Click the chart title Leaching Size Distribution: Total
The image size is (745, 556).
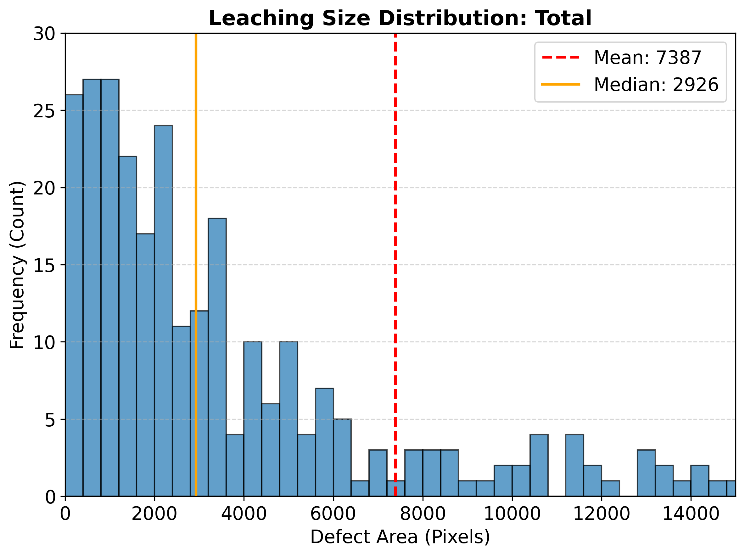pyautogui.click(x=400, y=18)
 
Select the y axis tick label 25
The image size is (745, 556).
pyautogui.click(x=44, y=111)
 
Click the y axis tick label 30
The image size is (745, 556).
pyautogui.click(x=44, y=34)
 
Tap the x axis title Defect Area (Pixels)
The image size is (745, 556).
pyautogui.click(x=400, y=537)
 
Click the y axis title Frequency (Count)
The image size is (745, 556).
pyautogui.click(x=17, y=265)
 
